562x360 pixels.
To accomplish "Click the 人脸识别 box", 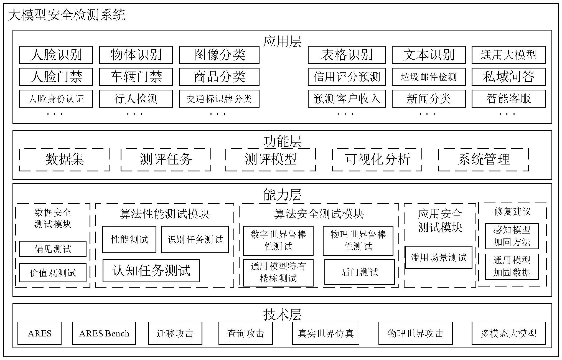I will click(x=56, y=55).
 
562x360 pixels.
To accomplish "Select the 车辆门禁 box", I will click(x=136, y=77).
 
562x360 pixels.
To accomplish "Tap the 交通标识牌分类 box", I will click(x=219, y=99).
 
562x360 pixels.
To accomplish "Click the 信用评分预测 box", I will click(x=347, y=77).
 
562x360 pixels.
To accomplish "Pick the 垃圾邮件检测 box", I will click(x=428, y=77).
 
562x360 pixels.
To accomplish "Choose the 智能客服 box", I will click(x=508, y=99).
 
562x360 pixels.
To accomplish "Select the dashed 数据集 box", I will click(x=64, y=159).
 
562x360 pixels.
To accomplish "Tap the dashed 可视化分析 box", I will click(x=377, y=159).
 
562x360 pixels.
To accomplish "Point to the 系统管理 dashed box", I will click(x=484, y=159).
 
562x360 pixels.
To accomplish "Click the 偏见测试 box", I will click(x=53, y=249).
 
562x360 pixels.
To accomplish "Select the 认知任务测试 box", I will click(x=151, y=271).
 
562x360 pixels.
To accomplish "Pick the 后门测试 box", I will click(x=360, y=272).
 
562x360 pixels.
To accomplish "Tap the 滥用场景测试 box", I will click(x=439, y=257).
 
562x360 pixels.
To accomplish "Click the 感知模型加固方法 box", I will click(x=512, y=236).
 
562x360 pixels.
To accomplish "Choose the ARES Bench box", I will click(x=104, y=333).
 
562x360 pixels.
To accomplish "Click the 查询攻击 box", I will click(x=246, y=333).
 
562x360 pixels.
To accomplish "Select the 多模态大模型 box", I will click(x=508, y=333).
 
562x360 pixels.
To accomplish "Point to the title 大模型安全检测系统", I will click(x=67, y=15).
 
